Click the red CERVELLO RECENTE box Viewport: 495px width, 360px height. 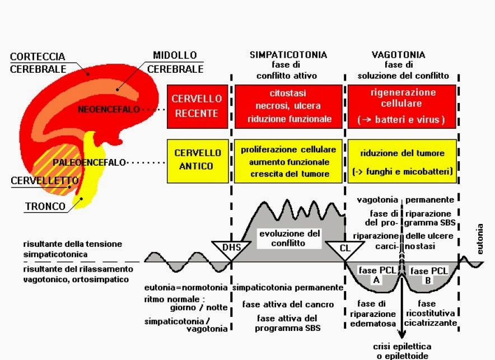(197, 106)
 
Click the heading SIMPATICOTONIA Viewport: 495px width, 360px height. (288, 55)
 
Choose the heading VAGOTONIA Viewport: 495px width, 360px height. (399, 55)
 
